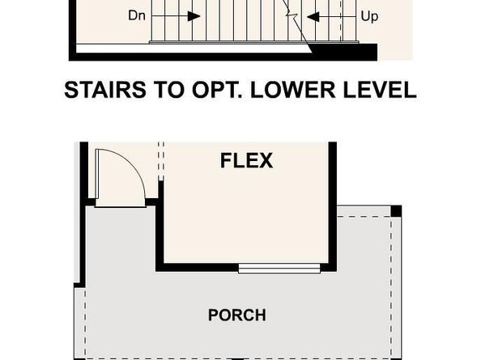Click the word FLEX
coord(246,160)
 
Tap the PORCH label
coord(236,315)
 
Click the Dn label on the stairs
coord(138,15)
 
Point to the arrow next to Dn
coord(185,15)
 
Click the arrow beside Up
coord(319,15)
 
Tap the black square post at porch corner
coord(396,211)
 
